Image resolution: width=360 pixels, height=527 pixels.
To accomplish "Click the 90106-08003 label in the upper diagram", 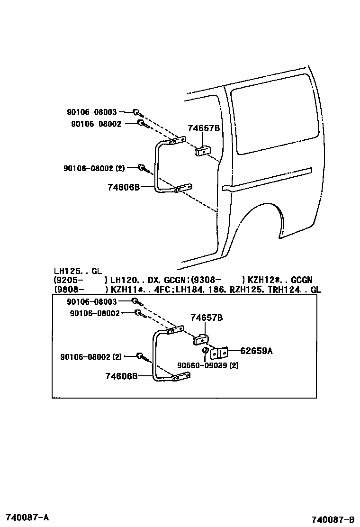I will pyautogui.click(x=91, y=112).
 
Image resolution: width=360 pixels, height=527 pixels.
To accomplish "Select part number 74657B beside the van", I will pyautogui.click(x=204, y=128).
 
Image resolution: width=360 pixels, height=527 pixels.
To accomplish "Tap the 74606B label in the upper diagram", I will pyautogui.click(x=124, y=187).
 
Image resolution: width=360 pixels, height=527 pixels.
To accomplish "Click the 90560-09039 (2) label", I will pyautogui.click(x=208, y=365).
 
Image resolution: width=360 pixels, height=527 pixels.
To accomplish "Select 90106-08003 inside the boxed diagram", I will pyautogui.click(x=92, y=301).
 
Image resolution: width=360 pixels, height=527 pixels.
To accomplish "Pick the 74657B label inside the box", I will pyautogui.click(x=207, y=318).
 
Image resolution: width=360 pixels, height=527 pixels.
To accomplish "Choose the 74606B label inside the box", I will pyautogui.click(x=121, y=376).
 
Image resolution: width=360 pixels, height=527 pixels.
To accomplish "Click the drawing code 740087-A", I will pyautogui.click(x=27, y=516).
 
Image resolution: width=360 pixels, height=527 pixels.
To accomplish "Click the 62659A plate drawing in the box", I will pyautogui.click(x=219, y=353).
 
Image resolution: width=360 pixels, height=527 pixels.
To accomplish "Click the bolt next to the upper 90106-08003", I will pyautogui.click(x=136, y=112).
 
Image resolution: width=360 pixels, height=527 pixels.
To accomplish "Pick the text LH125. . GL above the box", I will pyautogui.click(x=78, y=271).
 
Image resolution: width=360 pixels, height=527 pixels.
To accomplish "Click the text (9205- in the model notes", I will pyautogui.click(x=69, y=280).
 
